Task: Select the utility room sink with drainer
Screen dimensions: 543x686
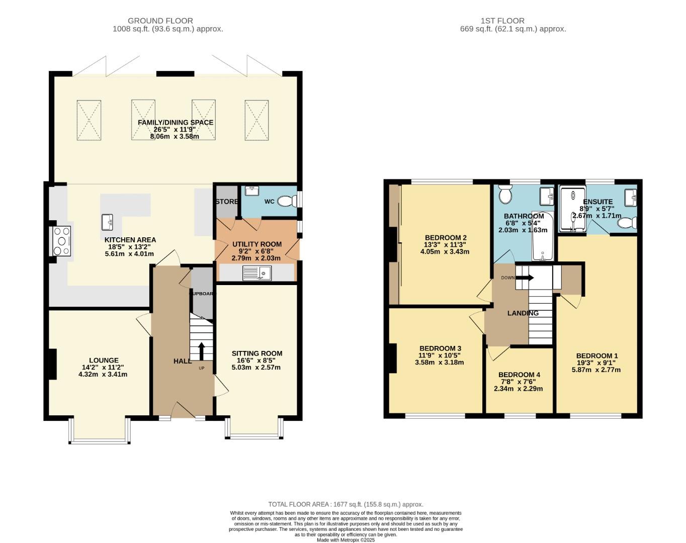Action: pos(257,273)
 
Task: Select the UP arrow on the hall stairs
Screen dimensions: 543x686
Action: pos(201,351)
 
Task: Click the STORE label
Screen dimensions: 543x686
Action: pos(227,202)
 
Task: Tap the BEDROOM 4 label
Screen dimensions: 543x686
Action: pos(519,375)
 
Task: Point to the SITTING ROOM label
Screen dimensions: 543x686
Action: pos(256,353)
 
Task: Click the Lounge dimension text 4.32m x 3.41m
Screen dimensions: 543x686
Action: pos(103,374)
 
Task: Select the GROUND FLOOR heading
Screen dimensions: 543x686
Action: pos(160,21)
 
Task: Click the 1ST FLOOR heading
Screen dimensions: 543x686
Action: pos(502,21)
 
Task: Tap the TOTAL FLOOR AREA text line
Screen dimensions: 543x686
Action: pos(346,504)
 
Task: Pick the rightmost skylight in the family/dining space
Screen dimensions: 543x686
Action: pos(256,120)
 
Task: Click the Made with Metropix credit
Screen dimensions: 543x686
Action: pos(346,540)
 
